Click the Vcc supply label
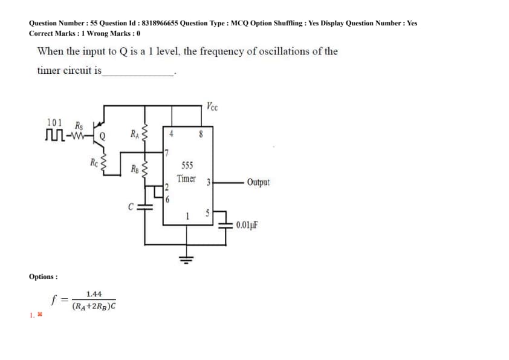[212, 108]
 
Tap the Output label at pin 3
[259, 182]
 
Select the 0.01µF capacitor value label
[248, 225]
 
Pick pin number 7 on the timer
[167, 149]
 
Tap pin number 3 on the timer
[207, 182]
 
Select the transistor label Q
[103, 136]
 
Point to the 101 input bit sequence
[54, 122]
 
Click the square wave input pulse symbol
[56, 134]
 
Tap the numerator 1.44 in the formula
[94, 293]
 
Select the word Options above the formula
[43, 277]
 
